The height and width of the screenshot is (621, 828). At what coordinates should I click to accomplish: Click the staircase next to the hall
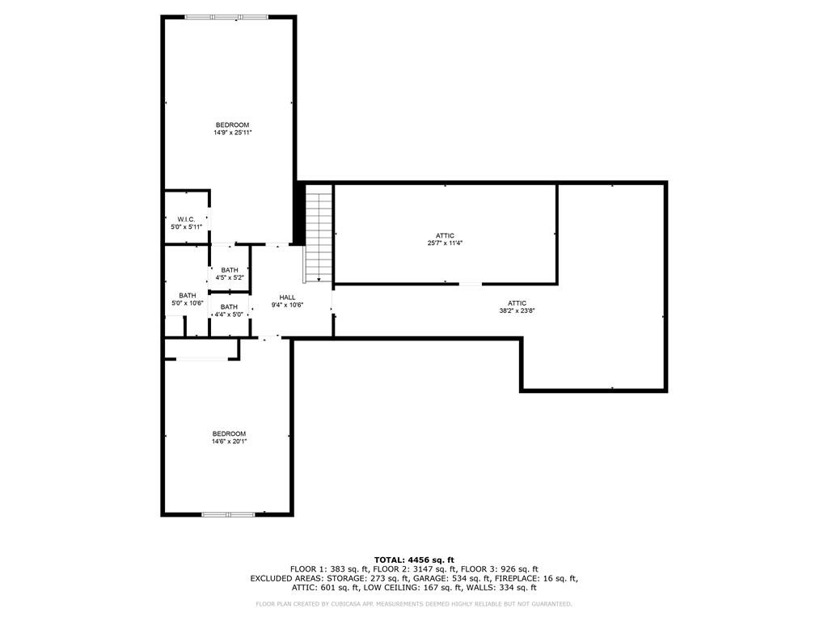[x=319, y=235]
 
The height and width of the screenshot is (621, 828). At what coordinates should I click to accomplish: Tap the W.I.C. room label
[x=186, y=219]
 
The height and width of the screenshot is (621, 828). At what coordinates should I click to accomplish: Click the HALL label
[x=287, y=298]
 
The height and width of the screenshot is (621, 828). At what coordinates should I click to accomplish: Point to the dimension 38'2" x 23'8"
[x=517, y=310]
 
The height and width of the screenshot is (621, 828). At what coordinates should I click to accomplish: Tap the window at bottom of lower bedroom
[x=228, y=513]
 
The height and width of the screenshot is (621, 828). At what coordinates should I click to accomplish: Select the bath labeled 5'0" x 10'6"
[x=188, y=299]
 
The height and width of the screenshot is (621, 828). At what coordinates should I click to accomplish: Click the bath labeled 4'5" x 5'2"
[x=230, y=273]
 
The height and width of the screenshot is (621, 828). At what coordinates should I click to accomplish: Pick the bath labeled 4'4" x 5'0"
[x=229, y=310]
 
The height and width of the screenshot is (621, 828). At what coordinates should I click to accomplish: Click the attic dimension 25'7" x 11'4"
[x=445, y=243]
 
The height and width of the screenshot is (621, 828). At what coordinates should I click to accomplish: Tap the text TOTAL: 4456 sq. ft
[x=414, y=560]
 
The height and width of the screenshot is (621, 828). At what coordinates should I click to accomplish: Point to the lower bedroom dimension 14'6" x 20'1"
[x=229, y=441]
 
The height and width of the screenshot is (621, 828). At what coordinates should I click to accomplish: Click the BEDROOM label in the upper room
[x=232, y=125]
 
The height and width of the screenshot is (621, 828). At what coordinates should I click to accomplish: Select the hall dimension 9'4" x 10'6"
[x=287, y=306]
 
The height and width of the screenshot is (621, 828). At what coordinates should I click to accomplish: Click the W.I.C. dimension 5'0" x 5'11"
[x=186, y=227]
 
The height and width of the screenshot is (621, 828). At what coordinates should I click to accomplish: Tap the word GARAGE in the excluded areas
[x=430, y=578]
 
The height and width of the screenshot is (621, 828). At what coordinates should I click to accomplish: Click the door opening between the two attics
[x=470, y=284]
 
